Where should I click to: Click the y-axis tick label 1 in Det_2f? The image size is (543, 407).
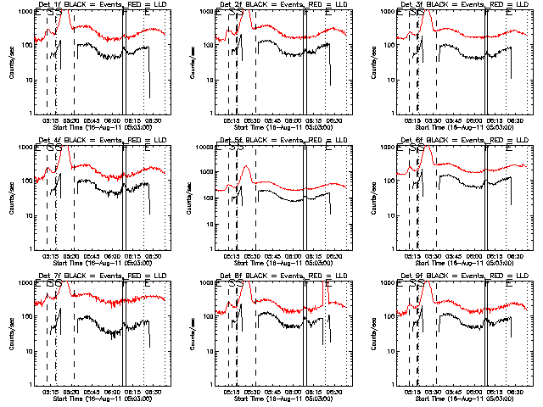click(211, 114)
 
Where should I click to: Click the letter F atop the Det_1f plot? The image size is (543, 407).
click(125, 13)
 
